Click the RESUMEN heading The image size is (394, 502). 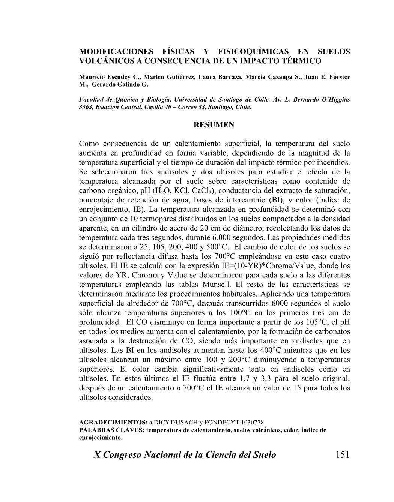(214, 125)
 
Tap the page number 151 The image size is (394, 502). (342, 455)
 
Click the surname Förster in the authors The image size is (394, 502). (339, 77)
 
